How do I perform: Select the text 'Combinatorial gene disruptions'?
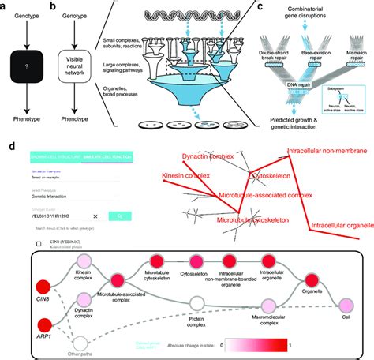[304, 10]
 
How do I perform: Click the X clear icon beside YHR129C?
[95, 214]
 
